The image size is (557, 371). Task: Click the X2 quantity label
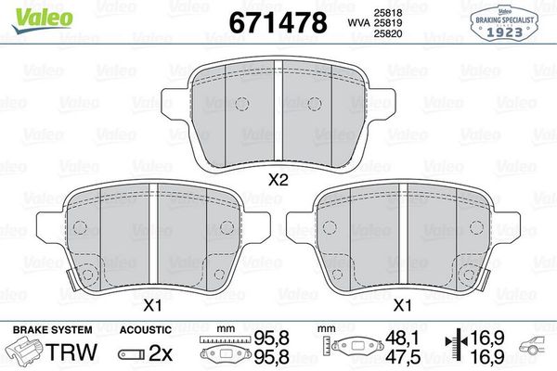pos(276,182)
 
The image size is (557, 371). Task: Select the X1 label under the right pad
pos(402,304)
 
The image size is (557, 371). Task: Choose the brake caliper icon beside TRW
pos(25,353)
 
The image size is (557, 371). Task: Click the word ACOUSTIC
pos(146,330)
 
